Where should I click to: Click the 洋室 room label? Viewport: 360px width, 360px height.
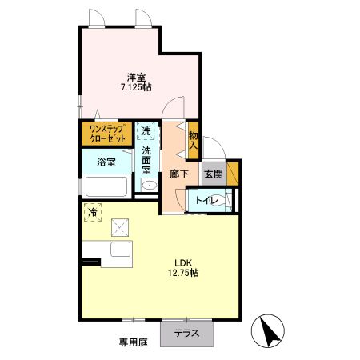point(136,77)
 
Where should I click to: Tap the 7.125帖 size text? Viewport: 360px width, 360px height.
point(136,88)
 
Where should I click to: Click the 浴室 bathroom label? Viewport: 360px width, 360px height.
point(106,162)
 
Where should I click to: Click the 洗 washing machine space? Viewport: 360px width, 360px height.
point(146,131)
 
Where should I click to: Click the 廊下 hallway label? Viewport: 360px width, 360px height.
point(179,174)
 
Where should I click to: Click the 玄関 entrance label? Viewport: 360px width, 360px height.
point(213,174)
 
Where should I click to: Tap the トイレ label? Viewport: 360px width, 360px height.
point(205,200)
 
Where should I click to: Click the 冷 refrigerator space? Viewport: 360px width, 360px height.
point(93,212)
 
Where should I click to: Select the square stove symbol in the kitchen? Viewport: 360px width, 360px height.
point(122,228)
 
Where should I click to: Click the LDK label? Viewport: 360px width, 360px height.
point(183,262)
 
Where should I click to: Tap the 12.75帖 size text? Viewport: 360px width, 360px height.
point(183,273)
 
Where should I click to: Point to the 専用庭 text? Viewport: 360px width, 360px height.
point(134,342)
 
